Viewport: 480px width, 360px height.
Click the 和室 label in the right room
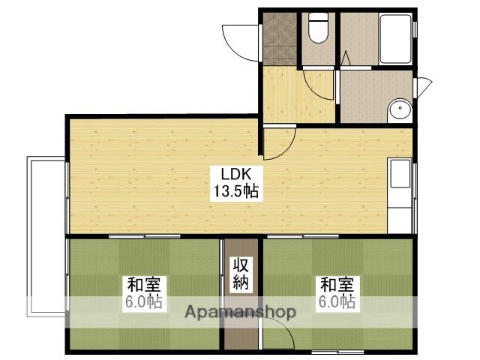(336, 286)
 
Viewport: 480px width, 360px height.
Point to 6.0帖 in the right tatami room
(336, 303)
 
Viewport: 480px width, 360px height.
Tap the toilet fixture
(319, 28)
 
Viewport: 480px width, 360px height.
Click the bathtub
(395, 39)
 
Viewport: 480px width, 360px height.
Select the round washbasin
(400, 111)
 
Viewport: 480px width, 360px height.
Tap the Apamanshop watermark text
(239, 311)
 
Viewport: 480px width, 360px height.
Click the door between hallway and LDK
(277, 142)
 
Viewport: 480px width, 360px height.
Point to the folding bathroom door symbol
(346, 58)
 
